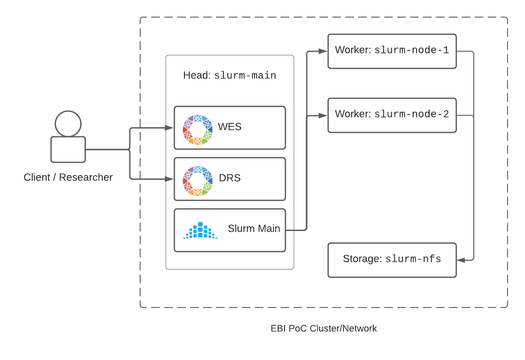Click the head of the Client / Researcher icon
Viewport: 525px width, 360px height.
tap(68, 123)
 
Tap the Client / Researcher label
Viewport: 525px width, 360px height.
tap(68, 177)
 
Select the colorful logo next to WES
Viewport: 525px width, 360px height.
tap(197, 129)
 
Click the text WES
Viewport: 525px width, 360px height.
tap(229, 127)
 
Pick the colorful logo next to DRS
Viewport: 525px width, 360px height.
tap(197, 181)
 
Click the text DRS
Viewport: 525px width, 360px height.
tap(229, 178)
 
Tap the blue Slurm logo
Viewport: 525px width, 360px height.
tap(200, 231)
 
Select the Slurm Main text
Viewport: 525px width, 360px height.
tap(254, 228)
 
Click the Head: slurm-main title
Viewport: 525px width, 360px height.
tap(229, 76)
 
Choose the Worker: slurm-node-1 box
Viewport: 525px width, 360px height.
tap(392, 51)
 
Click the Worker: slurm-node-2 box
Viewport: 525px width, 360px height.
tap(392, 115)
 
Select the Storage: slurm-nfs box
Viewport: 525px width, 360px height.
tap(392, 260)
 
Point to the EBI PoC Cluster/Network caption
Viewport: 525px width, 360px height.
tap(323, 328)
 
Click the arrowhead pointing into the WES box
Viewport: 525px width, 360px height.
tap(170, 128)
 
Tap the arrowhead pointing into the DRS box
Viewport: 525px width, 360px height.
tap(170, 179)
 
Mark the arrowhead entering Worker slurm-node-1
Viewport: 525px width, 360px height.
tap(323, 51)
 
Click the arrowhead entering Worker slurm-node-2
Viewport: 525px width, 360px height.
tap(323, 115)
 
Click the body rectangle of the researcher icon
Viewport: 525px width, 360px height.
tap(68, 149)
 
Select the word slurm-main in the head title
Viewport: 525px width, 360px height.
tap(245, 76)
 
